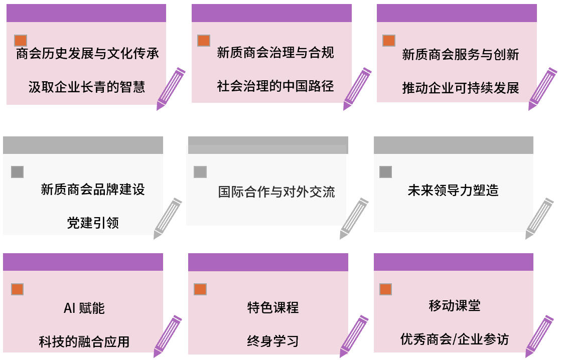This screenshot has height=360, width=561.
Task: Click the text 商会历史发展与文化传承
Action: click(x=87, y=54)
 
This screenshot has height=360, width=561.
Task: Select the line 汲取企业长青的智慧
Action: click(x=87, y=87)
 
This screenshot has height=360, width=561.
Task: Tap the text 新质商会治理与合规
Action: click(x=275, y=53)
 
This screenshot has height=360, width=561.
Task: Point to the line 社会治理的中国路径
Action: click(x=275, y=86)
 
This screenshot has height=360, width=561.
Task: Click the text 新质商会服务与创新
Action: click(x=461, y=55)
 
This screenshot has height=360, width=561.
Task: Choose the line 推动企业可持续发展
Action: click(x=461, y=88)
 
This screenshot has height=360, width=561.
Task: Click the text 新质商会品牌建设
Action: click(x=93, y=190)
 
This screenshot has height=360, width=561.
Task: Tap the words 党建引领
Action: click(x=93, y=223)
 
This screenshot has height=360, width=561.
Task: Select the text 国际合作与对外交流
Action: click(x=276, y=192)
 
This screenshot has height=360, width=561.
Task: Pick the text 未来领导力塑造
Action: click(x=453, y=190)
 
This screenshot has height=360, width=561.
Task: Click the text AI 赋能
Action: click(x=84, y=308)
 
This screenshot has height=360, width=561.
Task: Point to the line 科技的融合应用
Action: click(x=84, y=342)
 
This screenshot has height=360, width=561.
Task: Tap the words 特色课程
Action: click(x=273, y=307)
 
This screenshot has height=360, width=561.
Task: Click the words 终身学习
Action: click(x=273, y=341)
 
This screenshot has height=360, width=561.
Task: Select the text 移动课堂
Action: click(x=455, y=306)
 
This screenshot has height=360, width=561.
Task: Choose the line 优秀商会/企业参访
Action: click(x=455, y=339)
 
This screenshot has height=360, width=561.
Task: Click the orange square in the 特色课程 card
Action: click(x=200, y=289)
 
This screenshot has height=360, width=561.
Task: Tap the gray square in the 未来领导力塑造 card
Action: click(x=385, y=172)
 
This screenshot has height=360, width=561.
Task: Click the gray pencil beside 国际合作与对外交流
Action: click(x=354, y=218)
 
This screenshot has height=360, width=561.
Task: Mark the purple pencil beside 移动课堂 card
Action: click(x=539, y=336)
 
